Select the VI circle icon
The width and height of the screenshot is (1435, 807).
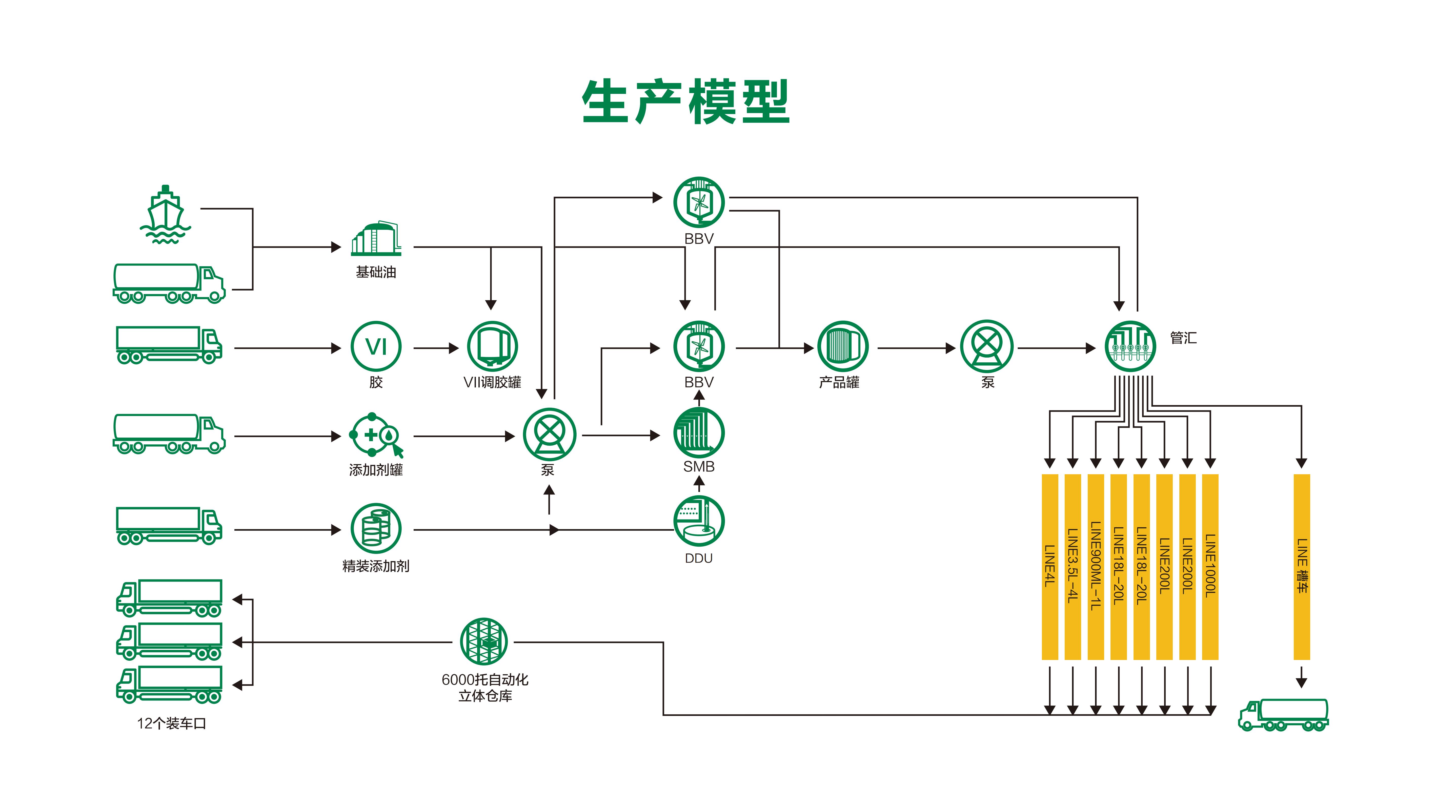click(376, 346)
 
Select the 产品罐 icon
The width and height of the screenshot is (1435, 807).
click(842, 346)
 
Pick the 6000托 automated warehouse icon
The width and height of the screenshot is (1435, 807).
click(484, 642)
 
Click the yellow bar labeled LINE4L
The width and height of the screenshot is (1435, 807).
click(1049, 566)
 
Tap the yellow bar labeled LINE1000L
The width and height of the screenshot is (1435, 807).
click(1210, 566)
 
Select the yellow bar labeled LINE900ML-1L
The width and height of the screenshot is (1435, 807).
click(1095, 566)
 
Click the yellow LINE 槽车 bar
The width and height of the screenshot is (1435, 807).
click(1301, 566)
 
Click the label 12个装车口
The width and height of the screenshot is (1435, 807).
click(172, 723)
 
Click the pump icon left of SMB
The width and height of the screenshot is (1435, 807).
click(549, 434)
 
